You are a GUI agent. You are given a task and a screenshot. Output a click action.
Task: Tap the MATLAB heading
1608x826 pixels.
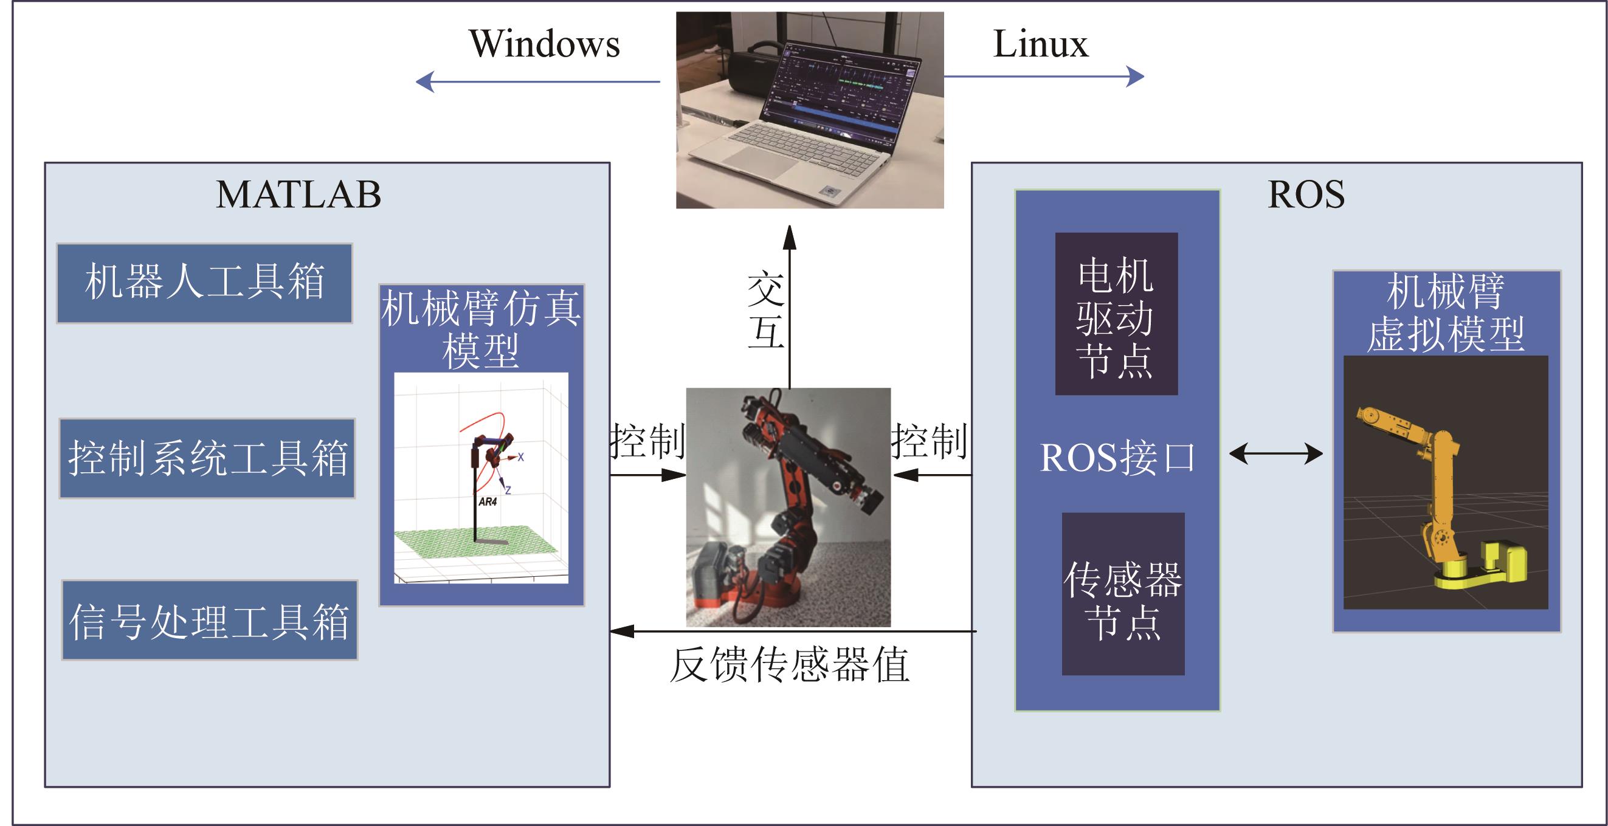tap(298, 194)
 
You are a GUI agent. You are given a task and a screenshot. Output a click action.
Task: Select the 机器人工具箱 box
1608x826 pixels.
tap(205, 283)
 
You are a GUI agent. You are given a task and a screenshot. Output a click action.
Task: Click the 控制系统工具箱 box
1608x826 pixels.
tap(207, 458)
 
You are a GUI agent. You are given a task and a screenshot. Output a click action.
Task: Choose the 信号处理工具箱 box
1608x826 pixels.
tap(210, 620)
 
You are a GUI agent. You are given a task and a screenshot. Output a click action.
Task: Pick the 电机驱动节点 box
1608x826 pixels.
tap(1116, 314)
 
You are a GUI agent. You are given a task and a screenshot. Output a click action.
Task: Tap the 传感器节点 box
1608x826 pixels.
tap(1123, 594)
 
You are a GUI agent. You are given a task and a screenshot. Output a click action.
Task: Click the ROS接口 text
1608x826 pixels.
tap(1117, 458)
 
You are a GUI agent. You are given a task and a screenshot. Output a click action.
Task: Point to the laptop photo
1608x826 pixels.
tap(810, 110)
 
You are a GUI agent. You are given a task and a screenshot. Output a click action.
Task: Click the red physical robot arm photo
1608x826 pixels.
tap(788, 506)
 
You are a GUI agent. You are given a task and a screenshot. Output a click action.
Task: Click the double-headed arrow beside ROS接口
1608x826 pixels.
tap(1275, 453)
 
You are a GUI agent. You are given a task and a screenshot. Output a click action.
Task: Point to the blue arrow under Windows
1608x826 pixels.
tap(537, 81)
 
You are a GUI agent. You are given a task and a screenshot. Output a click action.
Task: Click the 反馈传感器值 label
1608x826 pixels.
tap(789, 665)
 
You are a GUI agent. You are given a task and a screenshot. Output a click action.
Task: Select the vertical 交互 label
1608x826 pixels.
tap(766, 310)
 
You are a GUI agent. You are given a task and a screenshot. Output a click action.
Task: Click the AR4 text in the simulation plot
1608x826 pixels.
tap(488, 501)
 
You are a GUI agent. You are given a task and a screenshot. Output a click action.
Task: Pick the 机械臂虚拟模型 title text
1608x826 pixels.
tap(1445, 312)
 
